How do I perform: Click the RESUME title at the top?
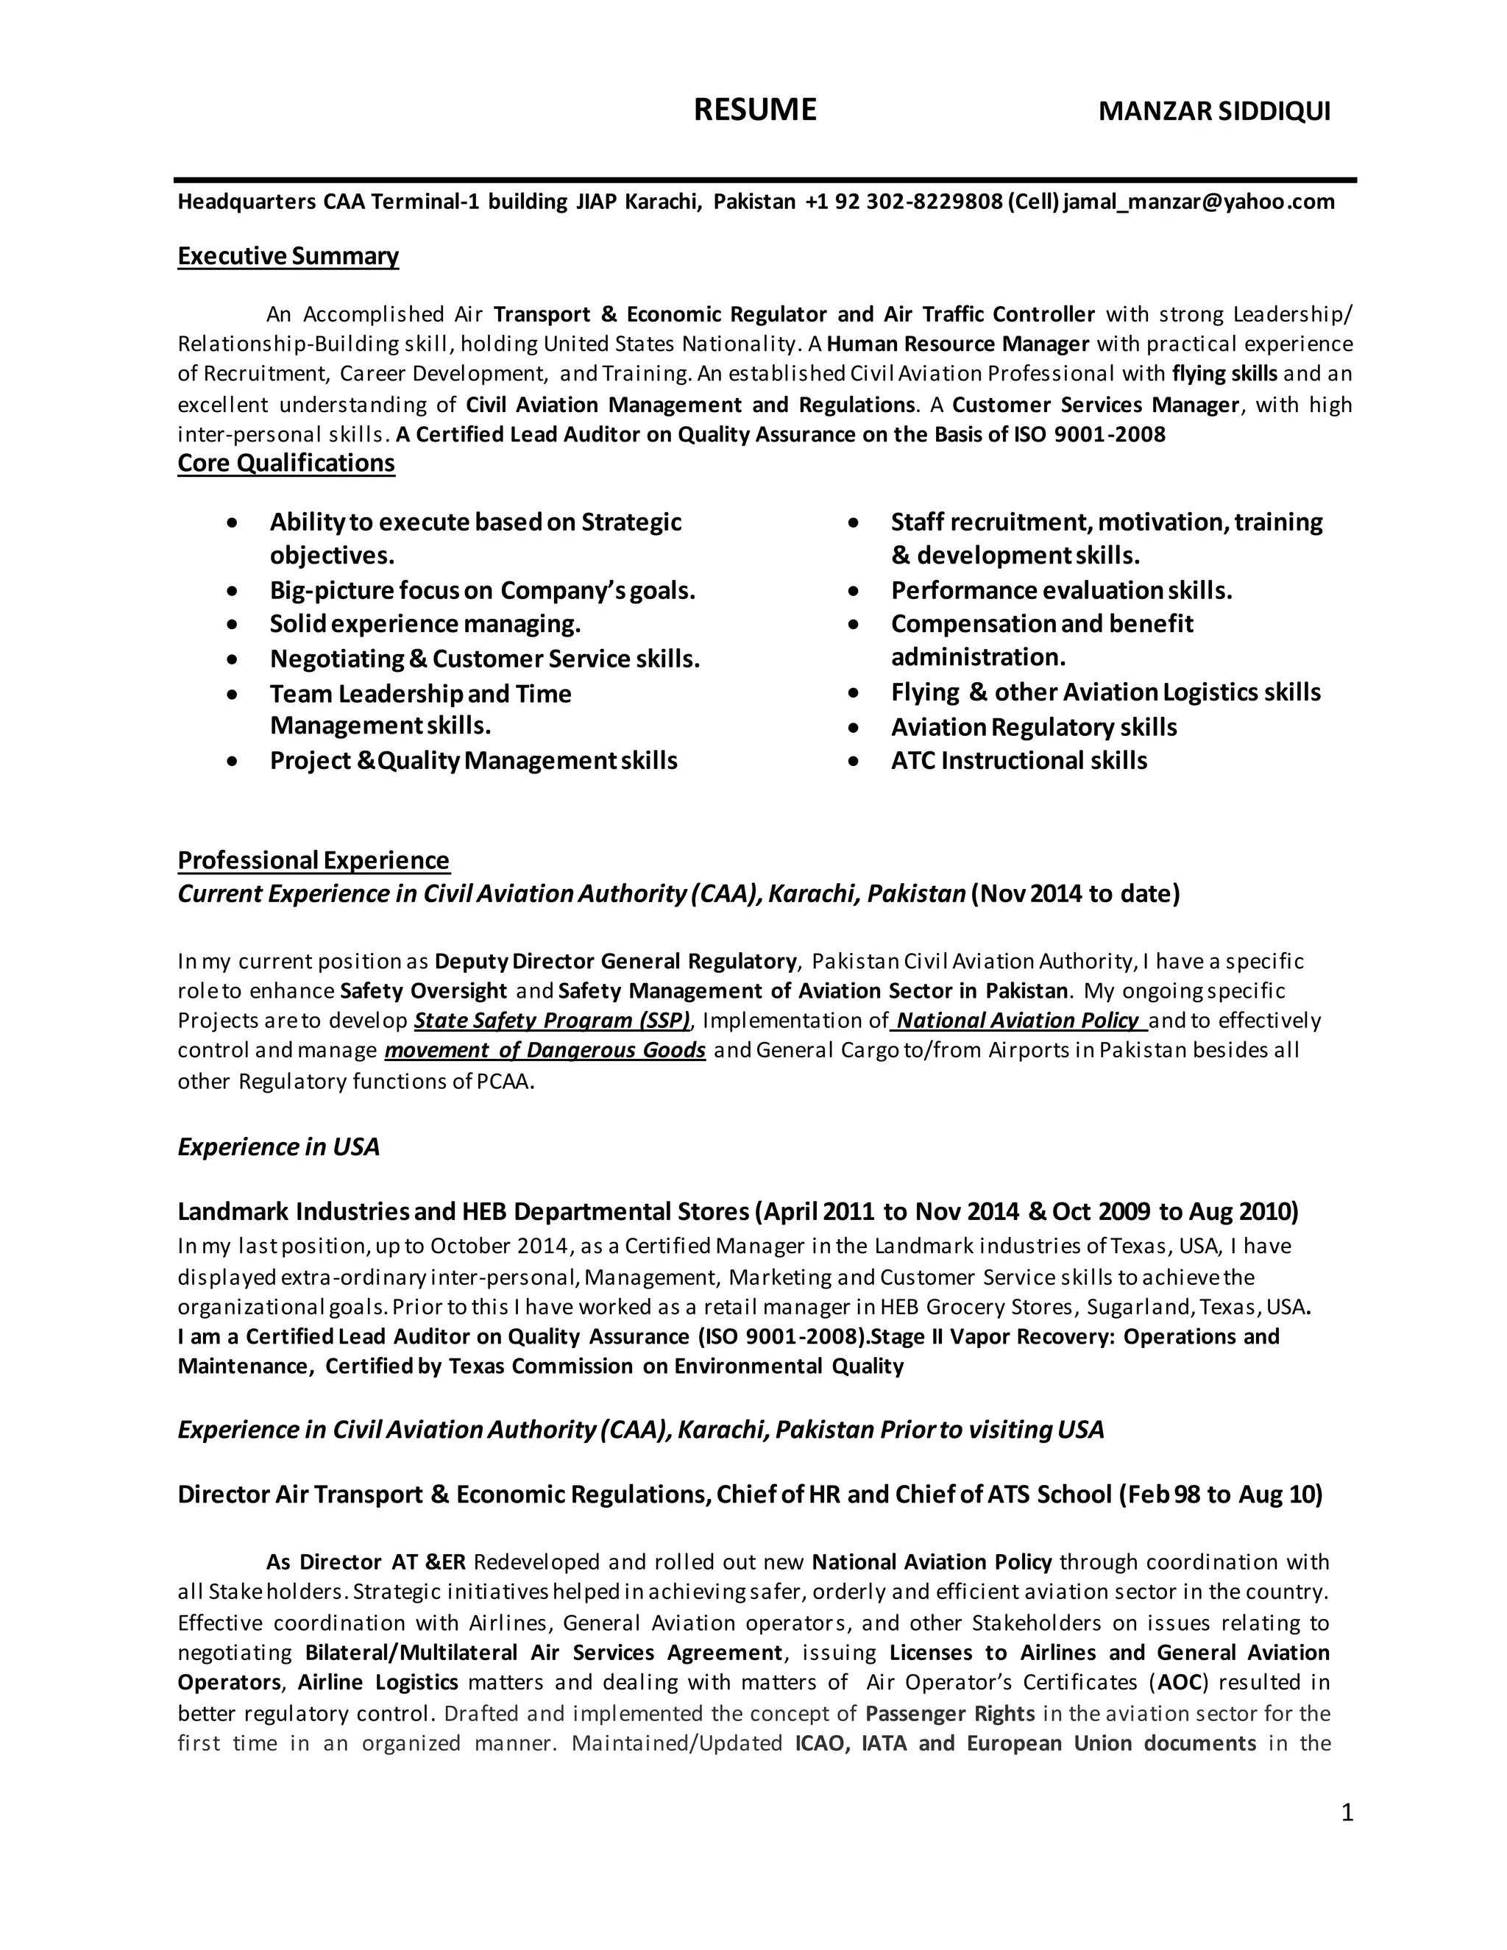pyautogui.click(x=754, y=110)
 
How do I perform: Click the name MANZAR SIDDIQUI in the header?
pyautogui.click(x=1213, y=112)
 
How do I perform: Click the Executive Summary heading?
pyautogui.click(x=288, y=256)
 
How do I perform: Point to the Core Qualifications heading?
pyautogui.click(x=286, y=464)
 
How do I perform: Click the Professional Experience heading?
pyautogui.click(x=313, y=859)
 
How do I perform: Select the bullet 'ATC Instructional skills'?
pyautogui.click(x=1018, y=761)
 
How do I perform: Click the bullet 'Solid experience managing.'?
pyautogui.click(x=425, y=623)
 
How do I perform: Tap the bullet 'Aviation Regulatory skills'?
pyautogui.click(x=1033, y=727)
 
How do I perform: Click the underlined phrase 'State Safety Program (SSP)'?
pyautogui.click(x=552, y=1021)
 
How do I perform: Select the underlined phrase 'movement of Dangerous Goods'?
pyautogui.click(x=545, y=1050)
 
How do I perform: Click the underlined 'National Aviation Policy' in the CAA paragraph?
pyautogui.click(x=1018, y=1021)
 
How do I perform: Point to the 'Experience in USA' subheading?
pyautogui.click(x=279, y=1146)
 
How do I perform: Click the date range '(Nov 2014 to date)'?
pyautogui.click(x=1075, y=894)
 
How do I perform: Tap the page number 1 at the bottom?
pyautogui.click(x=1347, y=1812)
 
